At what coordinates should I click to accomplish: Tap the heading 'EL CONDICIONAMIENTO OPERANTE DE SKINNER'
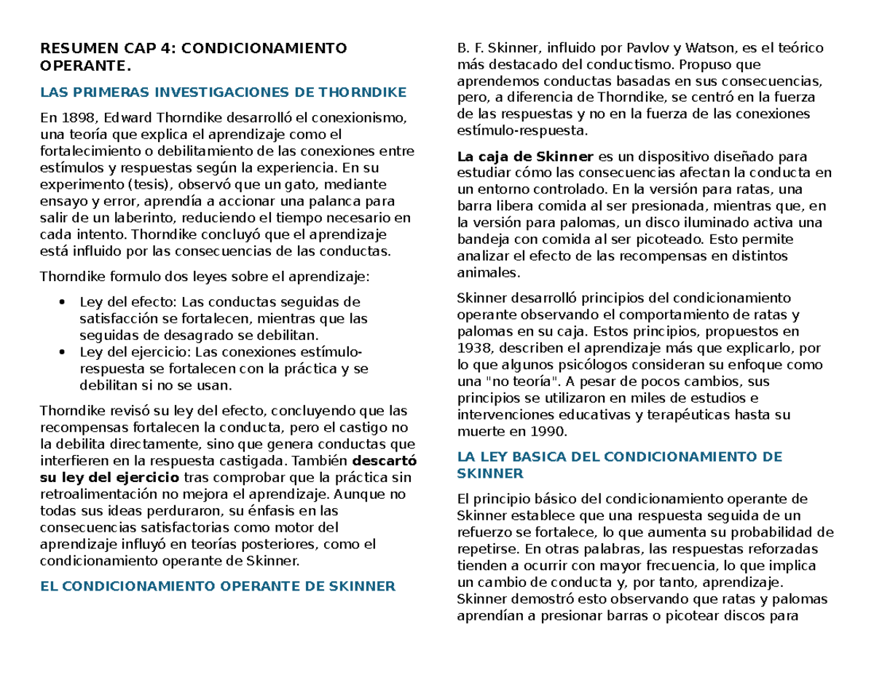[x=217, y=585]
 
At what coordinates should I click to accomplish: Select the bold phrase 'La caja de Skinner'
[x=525, y=156]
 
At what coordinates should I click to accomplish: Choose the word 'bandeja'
[x=479, y=240]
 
